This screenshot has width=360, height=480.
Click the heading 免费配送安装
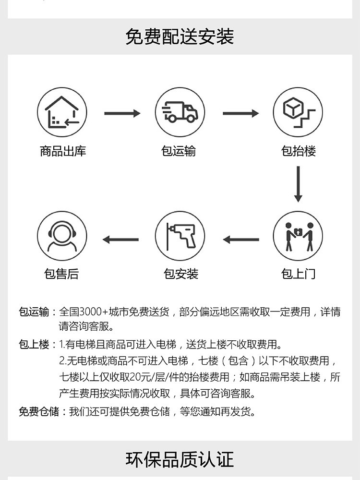click(x=180, y=37)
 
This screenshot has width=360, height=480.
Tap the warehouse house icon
click(x=62, y=112)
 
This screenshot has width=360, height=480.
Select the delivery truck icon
click(x=180, y=112)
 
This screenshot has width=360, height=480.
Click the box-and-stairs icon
click(x=298, y=112)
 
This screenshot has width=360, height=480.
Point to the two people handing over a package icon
click(x=298, y=236)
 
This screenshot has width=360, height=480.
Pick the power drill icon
click(x=180, y=236)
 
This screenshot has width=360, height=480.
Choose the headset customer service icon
click(x=62, y=236)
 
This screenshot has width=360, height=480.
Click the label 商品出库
click(x=63, y=151)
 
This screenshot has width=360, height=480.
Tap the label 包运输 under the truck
click(x=179, y=151)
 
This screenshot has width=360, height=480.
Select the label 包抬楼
click(x=299, y=151)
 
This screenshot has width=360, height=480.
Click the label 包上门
click(x=299, y=274)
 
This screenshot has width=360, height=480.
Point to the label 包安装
click(x=181, y=274)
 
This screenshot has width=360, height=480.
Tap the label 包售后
click(x=61, y=274)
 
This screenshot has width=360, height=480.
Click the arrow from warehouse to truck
click(x=122, y=113)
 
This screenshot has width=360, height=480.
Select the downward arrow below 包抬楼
click(x=298, y=184)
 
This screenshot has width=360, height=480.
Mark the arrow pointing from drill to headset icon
click(x=120, y=240)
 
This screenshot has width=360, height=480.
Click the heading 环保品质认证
click(x=180, y=459)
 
